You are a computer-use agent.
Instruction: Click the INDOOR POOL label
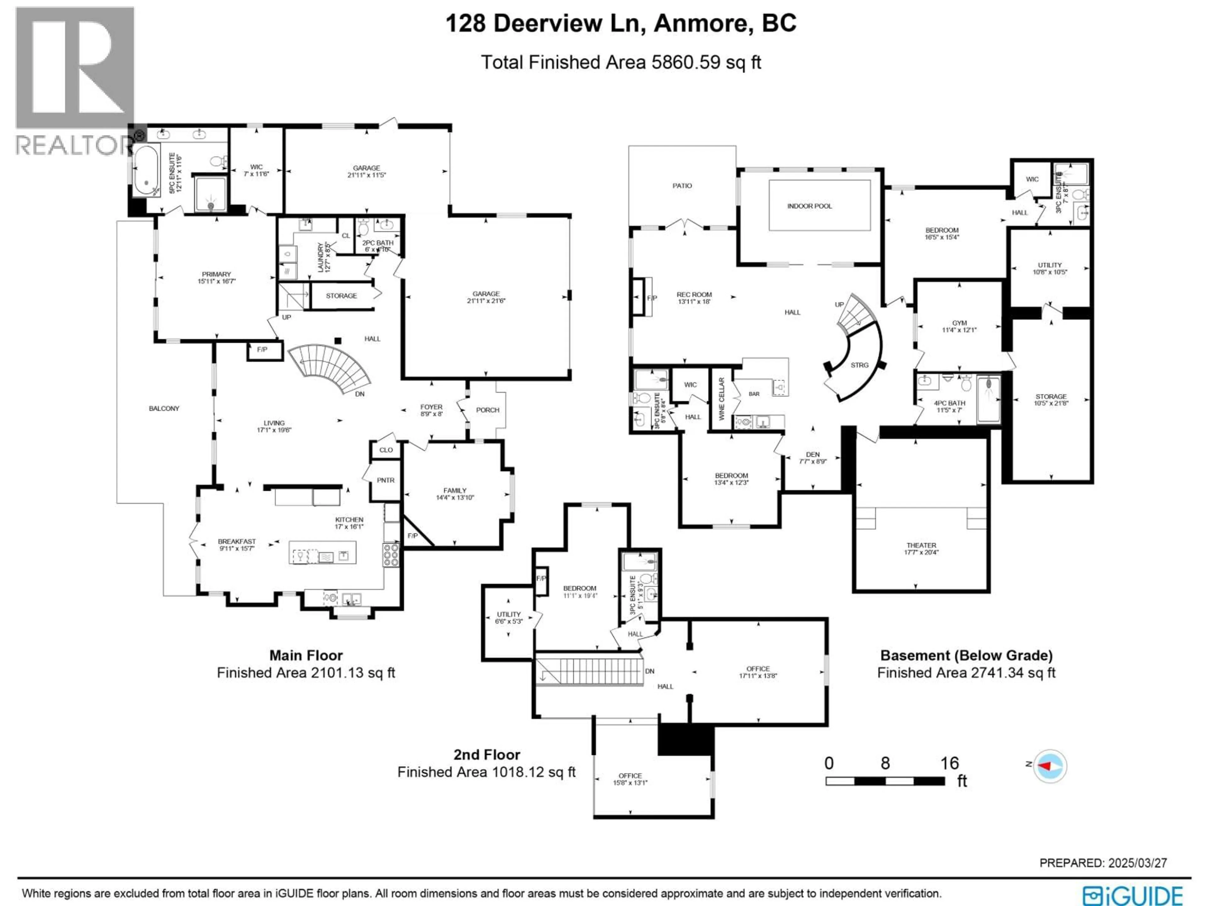[809, 206]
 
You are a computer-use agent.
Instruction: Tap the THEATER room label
[921, 545]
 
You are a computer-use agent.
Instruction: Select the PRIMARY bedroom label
[216, 274]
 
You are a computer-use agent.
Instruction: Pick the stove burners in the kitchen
[391, 555]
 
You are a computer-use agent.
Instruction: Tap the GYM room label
[959, 323]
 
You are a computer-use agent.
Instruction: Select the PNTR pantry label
[386, 480]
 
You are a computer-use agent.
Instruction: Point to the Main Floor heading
[306, 655]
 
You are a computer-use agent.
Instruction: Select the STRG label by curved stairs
[859, 365]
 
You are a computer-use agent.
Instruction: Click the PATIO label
[682, 186]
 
